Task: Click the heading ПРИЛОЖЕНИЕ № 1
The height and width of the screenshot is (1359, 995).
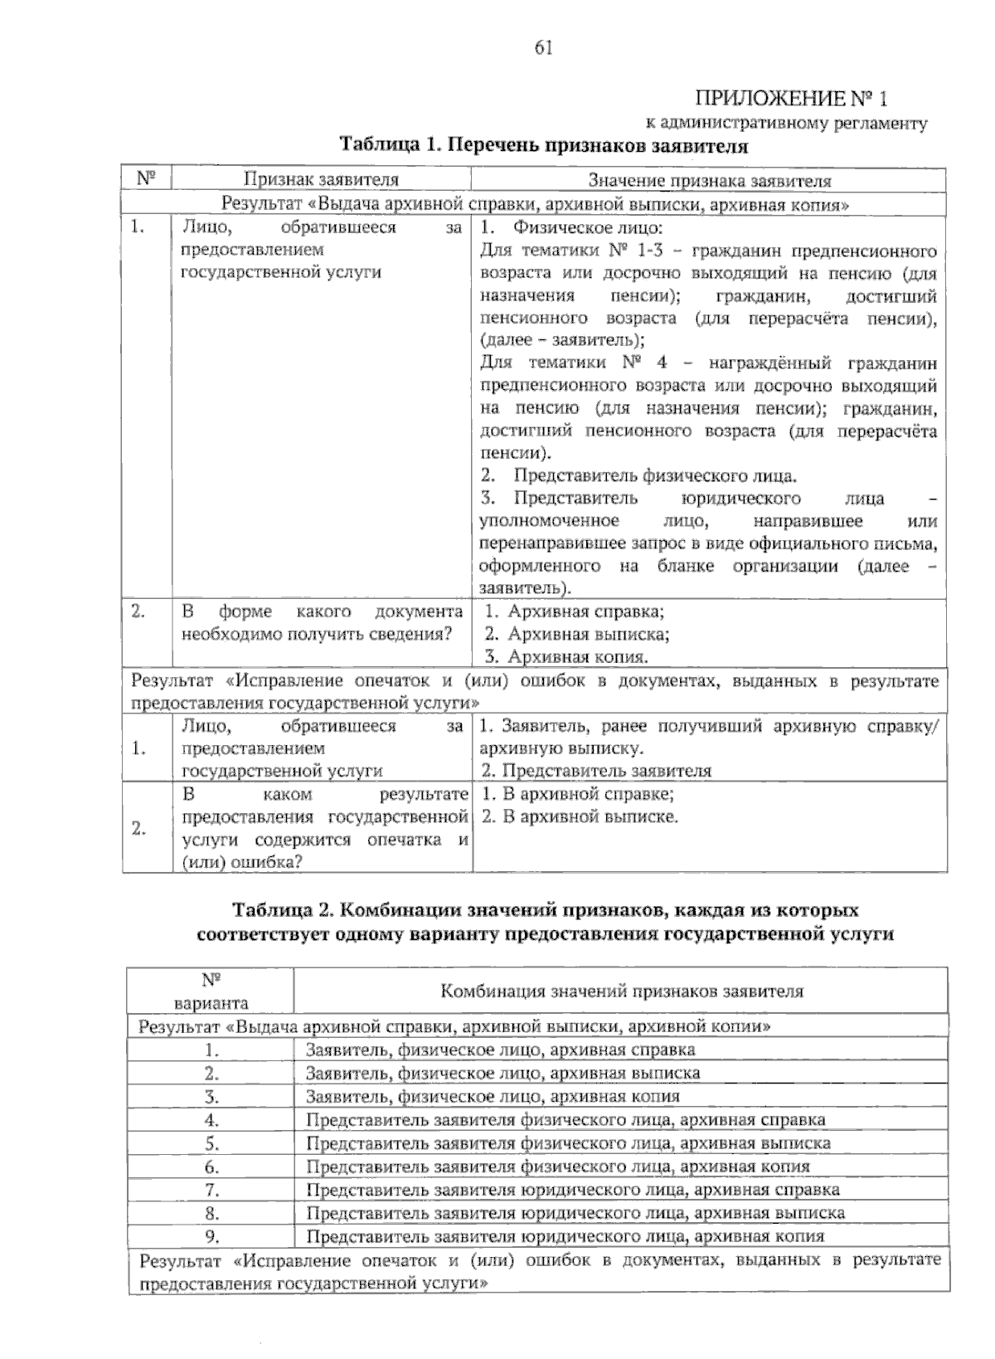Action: pos(790,99)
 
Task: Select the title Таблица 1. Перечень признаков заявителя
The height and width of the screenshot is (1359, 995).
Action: pos(544,147)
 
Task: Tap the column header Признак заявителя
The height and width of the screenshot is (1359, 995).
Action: pos(321,179)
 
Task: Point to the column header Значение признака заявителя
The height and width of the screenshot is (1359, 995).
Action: pos(709,180)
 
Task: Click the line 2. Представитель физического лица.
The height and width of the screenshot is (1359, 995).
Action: pos(639,476)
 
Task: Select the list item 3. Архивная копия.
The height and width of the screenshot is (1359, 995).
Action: pos(566,657)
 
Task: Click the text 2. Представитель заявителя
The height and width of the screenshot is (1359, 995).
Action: pos(595,770)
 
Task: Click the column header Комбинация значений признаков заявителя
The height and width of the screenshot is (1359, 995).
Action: pos(621,991)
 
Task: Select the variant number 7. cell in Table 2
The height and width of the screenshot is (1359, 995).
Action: pos(211,1189)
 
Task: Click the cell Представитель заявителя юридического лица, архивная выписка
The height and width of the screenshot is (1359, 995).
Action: pos(575,1212)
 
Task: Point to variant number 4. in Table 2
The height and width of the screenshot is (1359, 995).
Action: pos(211,1119)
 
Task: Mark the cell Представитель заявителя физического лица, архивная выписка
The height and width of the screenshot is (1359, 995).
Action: pos(568,1142)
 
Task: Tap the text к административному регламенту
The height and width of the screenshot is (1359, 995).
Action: pos(786,124)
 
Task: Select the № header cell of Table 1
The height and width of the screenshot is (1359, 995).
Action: pos(147,178)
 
